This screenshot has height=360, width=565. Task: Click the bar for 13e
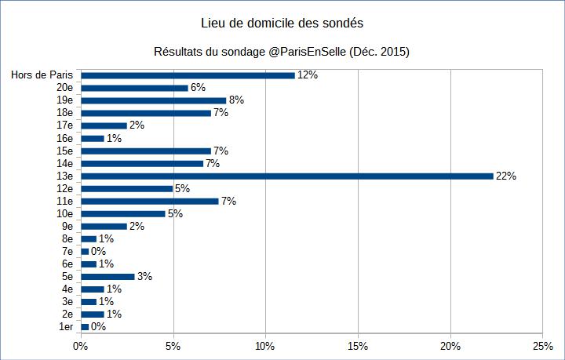coord(287,176)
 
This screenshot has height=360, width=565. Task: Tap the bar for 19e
coord(154,100)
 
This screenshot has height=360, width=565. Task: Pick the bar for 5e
coord(108,276)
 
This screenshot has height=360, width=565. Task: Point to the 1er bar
coord(86,326)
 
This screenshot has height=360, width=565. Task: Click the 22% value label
coord(506,176)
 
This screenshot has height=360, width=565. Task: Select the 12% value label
coord(307,75)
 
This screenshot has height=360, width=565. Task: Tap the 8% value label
coord(236,100)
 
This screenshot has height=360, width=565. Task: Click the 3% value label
coord(144,276)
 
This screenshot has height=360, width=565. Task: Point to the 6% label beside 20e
coord(198,88)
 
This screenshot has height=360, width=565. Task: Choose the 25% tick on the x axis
coord(542,345)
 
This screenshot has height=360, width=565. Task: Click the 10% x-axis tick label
coord(265,345)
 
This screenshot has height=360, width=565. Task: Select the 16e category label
coord(65,138)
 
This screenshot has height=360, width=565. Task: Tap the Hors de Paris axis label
coord(42,75)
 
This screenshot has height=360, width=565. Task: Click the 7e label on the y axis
coord(67,251)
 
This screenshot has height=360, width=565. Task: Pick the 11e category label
coord(65,201)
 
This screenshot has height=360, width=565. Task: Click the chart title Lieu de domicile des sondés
coord(282,24)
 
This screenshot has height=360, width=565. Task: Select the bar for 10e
coord(123,213)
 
